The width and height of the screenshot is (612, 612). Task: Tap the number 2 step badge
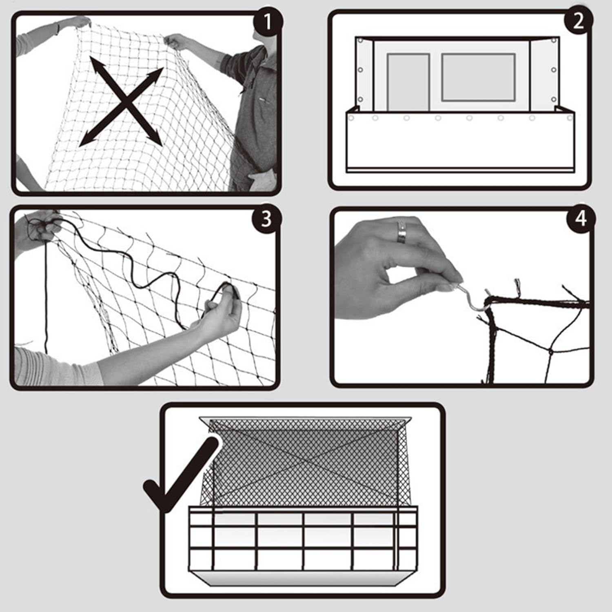point(578,21)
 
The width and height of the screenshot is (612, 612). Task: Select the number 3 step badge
point(266,219)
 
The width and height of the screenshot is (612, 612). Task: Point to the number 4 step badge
point(581,219)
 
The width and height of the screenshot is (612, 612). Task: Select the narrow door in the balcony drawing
point(408,82)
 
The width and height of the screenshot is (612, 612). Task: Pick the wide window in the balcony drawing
point(478,77)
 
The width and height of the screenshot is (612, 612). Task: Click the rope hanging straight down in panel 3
point(46,298)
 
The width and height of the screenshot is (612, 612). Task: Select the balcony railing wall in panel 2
point(460,143)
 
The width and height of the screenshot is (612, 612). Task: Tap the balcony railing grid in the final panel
point(302,539)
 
